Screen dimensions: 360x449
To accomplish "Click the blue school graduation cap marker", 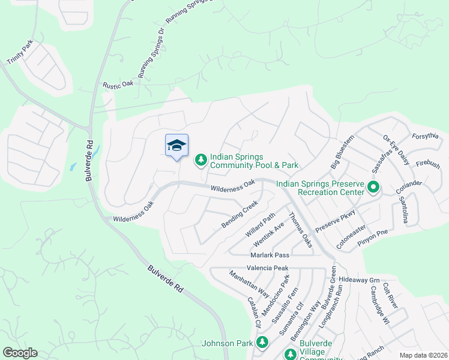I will point(176,146).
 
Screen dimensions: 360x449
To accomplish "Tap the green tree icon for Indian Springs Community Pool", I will point(200,160).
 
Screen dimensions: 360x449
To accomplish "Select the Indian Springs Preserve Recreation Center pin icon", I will point(373,187).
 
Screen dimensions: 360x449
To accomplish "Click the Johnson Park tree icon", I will point(262,343).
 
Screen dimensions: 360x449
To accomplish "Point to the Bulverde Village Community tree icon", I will point(290,354).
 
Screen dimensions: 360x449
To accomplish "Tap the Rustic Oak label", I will point(118,85).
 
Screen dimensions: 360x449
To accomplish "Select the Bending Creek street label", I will point(240,214).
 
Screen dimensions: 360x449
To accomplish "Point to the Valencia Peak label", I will point(268,268).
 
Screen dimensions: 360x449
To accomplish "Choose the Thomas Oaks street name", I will point(300,229).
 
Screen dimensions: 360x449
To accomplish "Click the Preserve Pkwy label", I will point(336,220).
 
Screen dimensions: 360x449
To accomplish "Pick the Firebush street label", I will point(427,164).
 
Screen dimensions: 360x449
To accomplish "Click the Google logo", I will point(20,353).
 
